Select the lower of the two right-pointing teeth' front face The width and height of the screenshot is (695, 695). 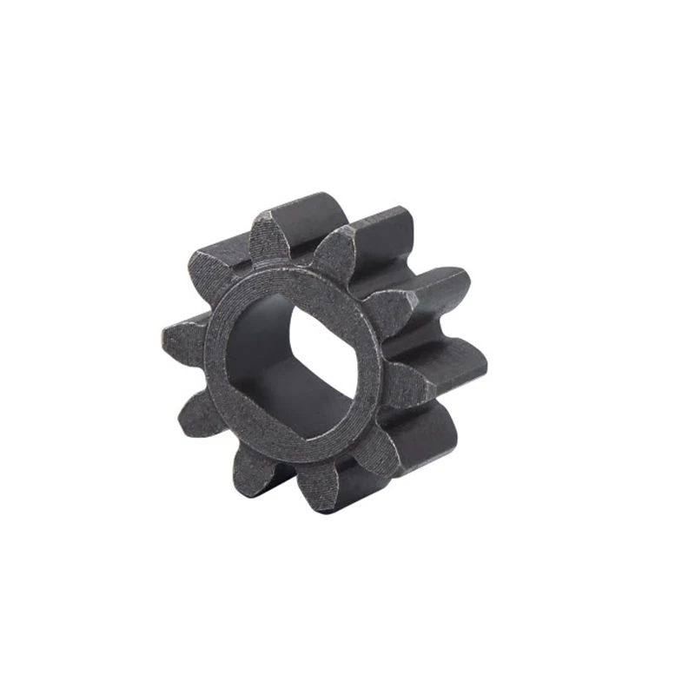click(x=404, y=382)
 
